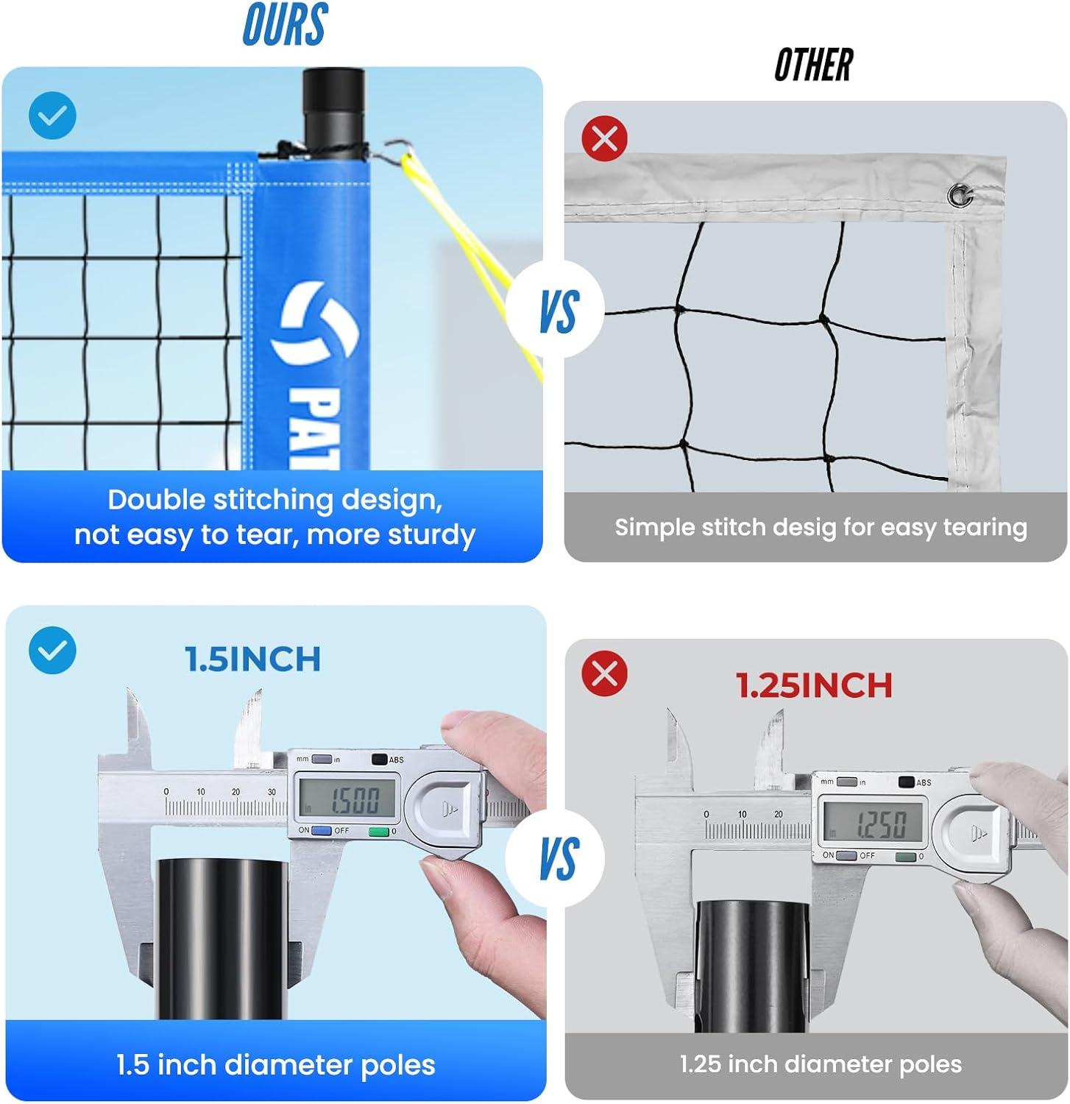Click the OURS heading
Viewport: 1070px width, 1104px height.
pyautogui.click(x=285, y=24)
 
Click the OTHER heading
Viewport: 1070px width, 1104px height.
pyautogui.click(x=814, y=65)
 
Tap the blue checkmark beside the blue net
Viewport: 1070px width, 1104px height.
pyautogui.click(x=52, y=116)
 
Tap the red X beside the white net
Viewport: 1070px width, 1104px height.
pyautogui.click(x=605, y=138)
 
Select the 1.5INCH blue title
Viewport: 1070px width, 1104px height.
pyautogui.click(x=252, y=659)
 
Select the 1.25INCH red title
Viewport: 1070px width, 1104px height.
pyautogui.click(x=815, y=685)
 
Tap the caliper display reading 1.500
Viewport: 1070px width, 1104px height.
pyautogui.click(x=347, y=798)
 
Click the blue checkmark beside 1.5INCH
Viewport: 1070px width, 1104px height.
pyautogui.click(x=52, y=650)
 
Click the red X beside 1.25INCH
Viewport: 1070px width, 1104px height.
pyautogui.click(x=605, y=673)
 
